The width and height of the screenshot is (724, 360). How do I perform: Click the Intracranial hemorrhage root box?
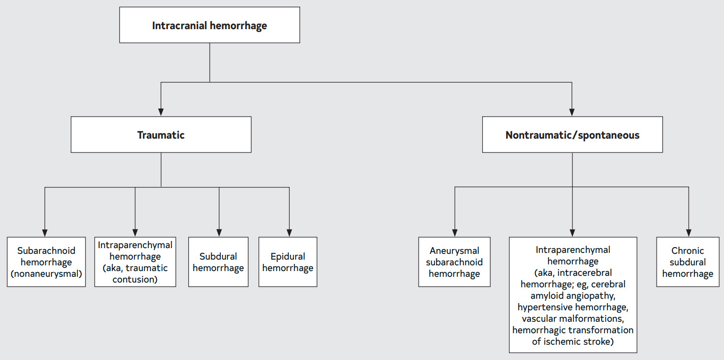(x=209, y=25)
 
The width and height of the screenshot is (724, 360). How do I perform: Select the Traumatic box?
(x=161, y=134)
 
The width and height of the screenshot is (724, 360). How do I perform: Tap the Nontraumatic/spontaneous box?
(x=573, y=134)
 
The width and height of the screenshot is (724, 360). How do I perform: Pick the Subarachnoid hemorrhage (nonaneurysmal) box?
(x=46, y=262)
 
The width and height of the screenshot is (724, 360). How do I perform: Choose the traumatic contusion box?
(x=135, y=262)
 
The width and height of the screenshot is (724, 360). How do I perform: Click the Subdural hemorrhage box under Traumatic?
(x=218, y=262)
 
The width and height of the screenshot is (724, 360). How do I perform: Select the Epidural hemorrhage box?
(x=288, y=262)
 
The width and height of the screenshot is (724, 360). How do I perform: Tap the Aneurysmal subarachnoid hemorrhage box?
(x=454, y=262)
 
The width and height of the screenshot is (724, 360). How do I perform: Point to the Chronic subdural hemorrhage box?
(x=688, y=262)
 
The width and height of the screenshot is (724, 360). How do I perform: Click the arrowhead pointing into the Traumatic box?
(x=161, y=112)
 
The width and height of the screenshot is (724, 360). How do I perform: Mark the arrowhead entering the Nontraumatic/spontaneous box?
(x=572, y=112)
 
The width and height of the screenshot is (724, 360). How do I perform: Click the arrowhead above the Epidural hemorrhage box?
(x=289, y=233)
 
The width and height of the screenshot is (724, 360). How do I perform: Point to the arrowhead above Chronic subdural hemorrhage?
(x=689, y=233)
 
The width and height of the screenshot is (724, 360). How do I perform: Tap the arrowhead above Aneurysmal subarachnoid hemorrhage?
(x=455, y=233)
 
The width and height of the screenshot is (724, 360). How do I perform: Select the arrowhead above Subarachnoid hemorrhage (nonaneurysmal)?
(x=44, y=233)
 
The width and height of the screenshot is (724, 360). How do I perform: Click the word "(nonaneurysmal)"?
(x=46, y=274)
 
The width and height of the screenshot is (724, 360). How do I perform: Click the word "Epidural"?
(x=288, y=257)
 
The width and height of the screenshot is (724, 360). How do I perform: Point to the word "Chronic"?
(x=688, y=251)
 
